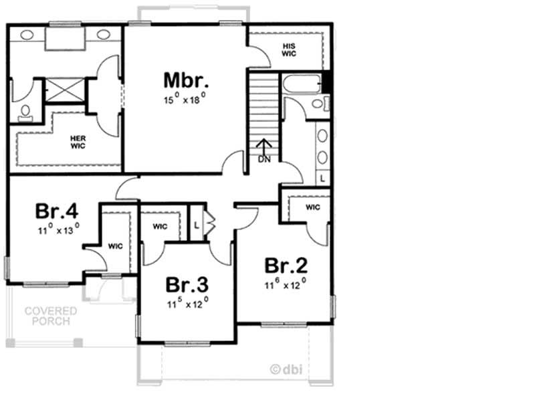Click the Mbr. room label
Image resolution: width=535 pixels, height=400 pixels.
[x=187, y=80]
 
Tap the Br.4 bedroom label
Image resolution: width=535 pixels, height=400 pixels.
[x=58, y=211]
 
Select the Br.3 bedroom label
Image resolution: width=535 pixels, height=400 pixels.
[x=188, y=285]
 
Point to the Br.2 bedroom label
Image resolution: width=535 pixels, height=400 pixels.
[x=286, y=266]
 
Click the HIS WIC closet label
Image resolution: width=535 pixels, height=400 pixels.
[x=288, y=49]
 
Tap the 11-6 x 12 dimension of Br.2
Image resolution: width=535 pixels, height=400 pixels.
[x=286, y=285]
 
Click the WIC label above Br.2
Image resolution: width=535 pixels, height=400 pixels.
[x=313, y=207]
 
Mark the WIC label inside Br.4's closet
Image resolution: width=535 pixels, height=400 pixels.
[x=115, y=246]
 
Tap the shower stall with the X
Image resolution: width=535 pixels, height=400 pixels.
[x=64, y=90]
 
